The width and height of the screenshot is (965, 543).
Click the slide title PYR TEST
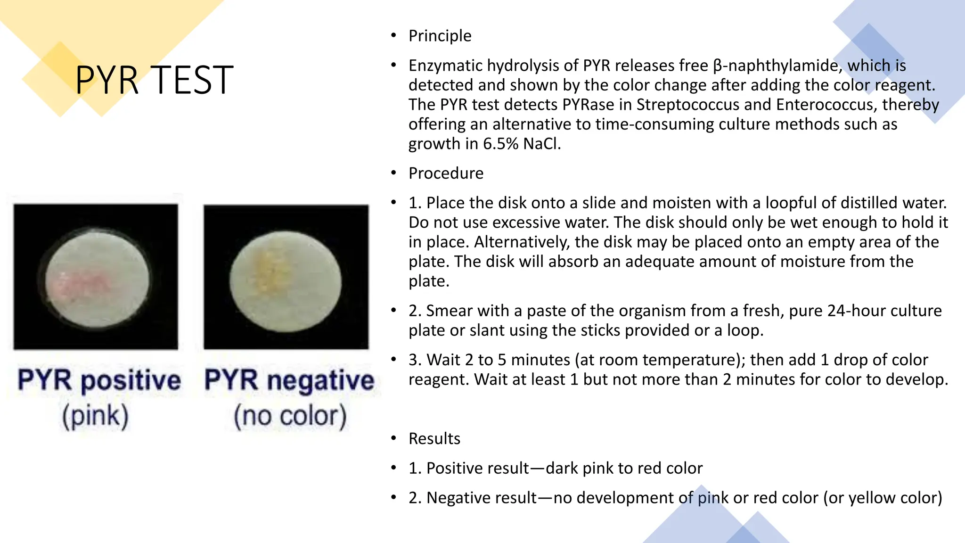click(x=154, y=80)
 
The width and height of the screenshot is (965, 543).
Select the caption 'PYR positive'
click(x=99, y=380)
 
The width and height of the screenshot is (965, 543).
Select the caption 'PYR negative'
click(x=289, y=380)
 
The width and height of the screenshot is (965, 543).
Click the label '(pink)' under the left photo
click(x=95, y=416)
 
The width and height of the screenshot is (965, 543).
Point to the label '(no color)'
click(x=290, y=416)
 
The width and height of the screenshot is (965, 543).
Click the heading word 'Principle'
click(x=440, y=36)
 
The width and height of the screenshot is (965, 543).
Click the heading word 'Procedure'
click(x=446, y=173)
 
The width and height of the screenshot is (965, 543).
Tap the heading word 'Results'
click(x=434, y=439)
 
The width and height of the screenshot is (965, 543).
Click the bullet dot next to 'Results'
click(x=393, y=439)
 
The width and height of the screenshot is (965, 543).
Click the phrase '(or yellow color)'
click(x=883, y=498)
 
